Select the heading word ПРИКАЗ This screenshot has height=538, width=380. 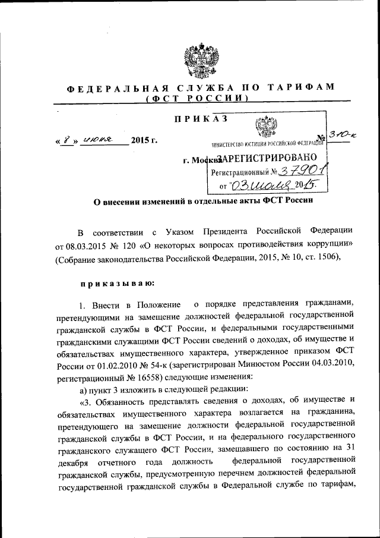pos(201,119)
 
